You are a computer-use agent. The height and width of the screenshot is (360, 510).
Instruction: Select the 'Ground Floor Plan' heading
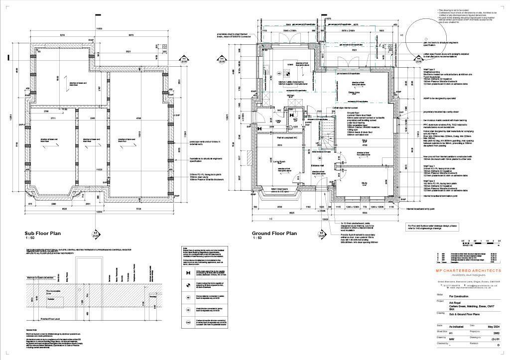click(x=274, y=233)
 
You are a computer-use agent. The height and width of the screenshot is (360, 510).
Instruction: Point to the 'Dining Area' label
click(x=354, y=92)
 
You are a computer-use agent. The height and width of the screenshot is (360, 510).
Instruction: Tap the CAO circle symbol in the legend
click(x=187, y=323)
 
